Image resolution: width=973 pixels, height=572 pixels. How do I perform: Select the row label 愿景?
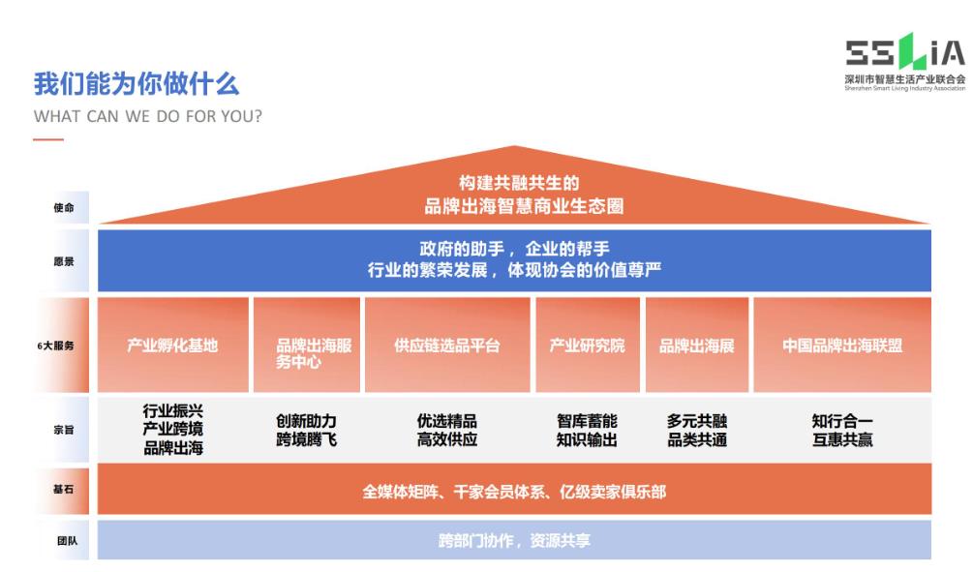63,261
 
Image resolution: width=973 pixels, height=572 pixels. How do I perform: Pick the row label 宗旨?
63,430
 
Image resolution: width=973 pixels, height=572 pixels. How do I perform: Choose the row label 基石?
63,490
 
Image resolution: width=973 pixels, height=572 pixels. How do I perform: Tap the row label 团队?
63,541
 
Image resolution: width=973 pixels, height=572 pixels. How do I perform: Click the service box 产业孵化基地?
172,346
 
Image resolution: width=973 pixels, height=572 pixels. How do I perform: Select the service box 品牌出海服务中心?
306,353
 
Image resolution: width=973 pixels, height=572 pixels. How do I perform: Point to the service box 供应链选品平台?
446,346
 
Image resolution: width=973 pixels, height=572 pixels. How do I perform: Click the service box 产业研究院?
587,346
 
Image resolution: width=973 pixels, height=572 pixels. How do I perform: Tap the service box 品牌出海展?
696,346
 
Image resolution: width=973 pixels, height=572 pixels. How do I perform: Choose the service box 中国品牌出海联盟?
841,346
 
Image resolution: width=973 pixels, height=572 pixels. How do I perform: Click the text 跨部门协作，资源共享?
514,541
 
